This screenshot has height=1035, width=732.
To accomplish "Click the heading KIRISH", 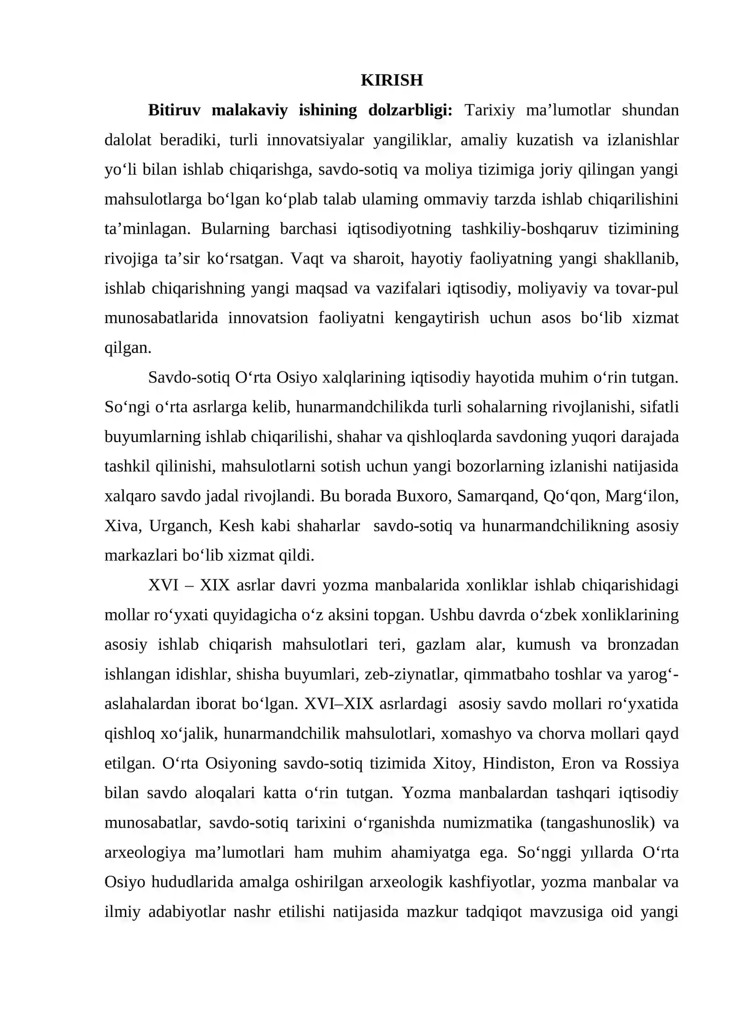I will tap(392, 80).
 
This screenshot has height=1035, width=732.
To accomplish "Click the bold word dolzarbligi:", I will tap(410, 110).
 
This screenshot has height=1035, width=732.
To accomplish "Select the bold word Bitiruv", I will tap(174, 110).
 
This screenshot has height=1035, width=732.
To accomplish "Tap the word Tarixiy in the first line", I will tap(490, 110).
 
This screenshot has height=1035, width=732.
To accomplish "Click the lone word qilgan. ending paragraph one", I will tap(128, 348).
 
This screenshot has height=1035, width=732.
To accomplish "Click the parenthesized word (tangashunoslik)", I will tap(597, 823).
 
